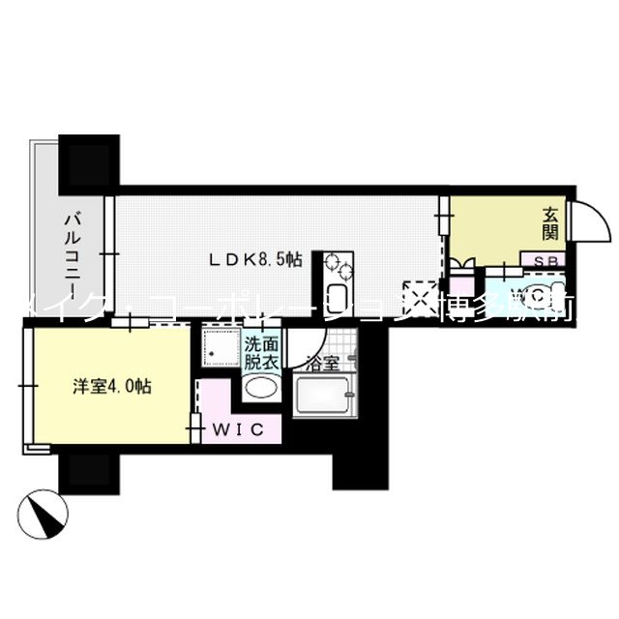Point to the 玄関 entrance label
550,224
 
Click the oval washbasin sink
259,390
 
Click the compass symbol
43,513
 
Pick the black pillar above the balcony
90,161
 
